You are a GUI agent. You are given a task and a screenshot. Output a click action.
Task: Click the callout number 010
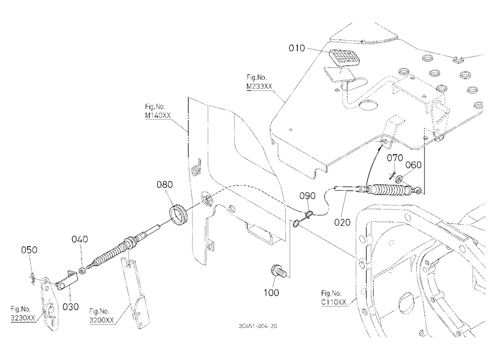[x=297, y=49]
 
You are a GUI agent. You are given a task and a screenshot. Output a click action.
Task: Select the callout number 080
[x=165, y=184]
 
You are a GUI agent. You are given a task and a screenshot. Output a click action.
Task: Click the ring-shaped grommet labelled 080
[x=179, y=215]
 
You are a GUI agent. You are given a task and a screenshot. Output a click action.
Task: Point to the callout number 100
[x=271, y=293]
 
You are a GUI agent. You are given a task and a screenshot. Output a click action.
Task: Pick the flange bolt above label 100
[x=279, y=271]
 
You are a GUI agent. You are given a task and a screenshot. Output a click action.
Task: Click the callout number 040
[x=80, y=240]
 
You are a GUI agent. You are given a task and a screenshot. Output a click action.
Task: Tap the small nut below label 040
[x=83, y=271]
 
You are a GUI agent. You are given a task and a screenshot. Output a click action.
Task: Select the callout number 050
[x=29, y=250]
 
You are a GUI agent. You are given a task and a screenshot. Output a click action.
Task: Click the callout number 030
[x=70, y=306]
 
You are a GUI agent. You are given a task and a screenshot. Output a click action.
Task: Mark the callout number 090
[x=308, y=196]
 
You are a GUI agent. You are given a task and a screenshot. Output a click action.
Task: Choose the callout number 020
[x=342, y=222]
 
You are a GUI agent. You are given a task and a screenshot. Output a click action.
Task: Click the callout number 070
[x=395, y=158]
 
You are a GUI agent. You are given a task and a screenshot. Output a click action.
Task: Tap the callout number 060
[x=414, y=165]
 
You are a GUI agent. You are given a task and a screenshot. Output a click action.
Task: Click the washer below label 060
[x=399, y=180]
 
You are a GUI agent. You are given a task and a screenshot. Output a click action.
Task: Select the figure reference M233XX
[x=259, y=86]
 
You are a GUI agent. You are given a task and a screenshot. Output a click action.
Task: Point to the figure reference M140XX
[x=158, y=116]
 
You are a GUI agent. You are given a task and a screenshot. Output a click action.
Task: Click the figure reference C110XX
[x=334, y=302]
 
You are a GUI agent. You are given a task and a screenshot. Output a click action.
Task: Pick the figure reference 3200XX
[x=101, y=320]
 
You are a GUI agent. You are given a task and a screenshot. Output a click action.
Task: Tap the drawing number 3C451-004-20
[x=258, y=326]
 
